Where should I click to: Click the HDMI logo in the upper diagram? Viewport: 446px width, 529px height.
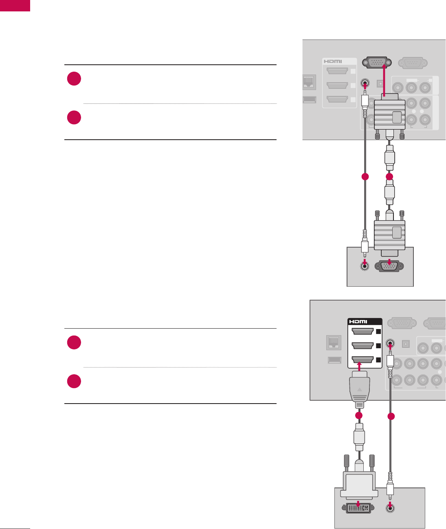point(333,61)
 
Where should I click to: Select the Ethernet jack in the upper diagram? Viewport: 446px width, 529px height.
point(309,83)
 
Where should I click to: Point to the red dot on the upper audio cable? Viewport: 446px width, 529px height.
point(365,177)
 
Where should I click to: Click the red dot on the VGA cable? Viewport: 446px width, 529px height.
point(389,177)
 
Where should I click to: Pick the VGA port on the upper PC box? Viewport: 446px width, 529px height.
point(389,266)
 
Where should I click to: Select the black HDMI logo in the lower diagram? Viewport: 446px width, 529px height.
point(358,321)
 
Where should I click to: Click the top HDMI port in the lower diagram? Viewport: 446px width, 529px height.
point(362,331)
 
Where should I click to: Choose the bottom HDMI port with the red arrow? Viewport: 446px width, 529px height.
point(362,360)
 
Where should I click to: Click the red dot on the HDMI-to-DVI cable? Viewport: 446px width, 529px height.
point(359,415)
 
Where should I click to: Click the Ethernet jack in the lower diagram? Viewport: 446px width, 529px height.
point(334,342)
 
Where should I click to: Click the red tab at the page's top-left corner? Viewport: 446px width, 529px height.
point(15,5)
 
